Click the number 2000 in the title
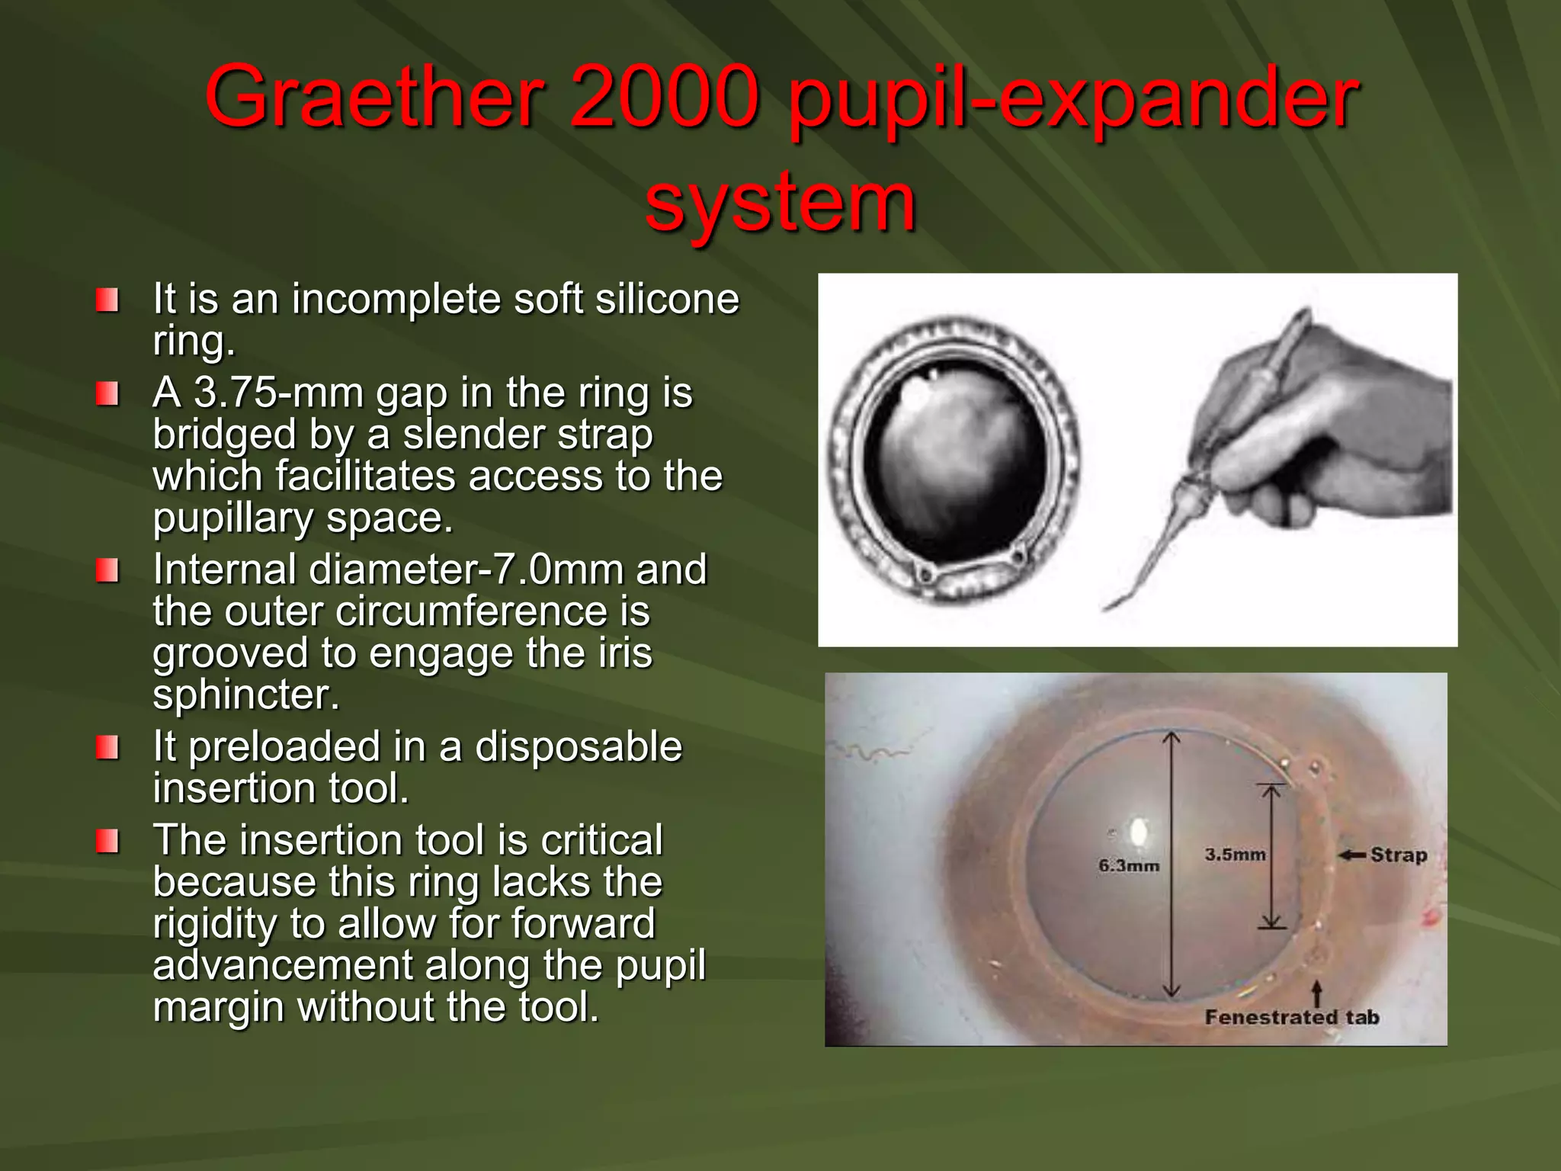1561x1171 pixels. point(665,98)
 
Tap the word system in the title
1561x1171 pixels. point(780,201)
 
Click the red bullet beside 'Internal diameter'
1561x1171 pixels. point(107,570)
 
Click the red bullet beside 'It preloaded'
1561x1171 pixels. point(107,747)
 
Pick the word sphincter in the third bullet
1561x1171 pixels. point(246,695)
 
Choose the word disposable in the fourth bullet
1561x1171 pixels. point(579,746)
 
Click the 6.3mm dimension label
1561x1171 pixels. point(1128,865)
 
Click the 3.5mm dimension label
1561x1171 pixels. point(1235,855)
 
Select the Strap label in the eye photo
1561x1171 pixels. point(1399,855)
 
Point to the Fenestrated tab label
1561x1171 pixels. point(1292,1017)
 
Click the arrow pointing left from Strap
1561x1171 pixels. point(1352,855)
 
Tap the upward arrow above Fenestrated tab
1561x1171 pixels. point(1316,993)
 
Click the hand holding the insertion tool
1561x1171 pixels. point(1326,442)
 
